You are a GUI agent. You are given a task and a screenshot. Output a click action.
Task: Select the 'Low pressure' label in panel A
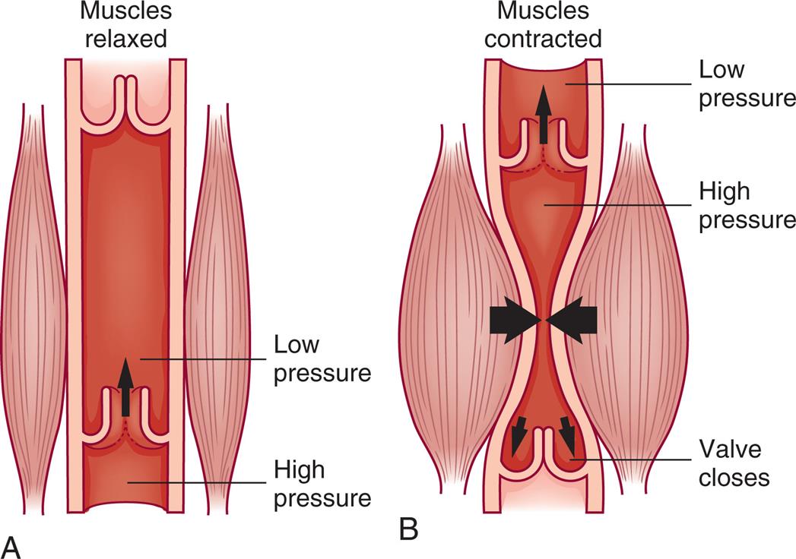pos(322,359)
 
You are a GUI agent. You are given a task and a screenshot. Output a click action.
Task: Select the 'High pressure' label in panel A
pos(322,485)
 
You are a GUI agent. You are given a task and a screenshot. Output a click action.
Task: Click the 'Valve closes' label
pos(734,463)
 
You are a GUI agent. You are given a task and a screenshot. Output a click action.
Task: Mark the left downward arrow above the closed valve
pos(519,434)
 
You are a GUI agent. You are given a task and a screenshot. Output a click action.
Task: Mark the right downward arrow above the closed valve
pos(566,434)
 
